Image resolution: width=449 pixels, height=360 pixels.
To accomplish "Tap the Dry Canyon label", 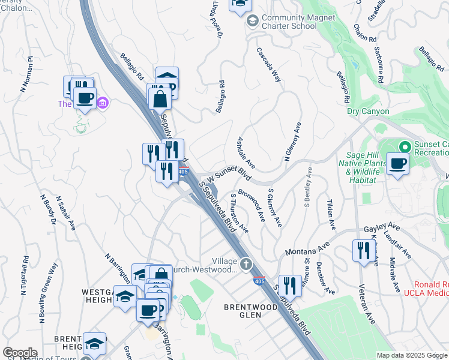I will (x=368, y=111).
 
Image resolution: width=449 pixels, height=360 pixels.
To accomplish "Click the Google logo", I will (x=20, y=353).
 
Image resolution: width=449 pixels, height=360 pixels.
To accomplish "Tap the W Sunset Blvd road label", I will (x=228, y=175).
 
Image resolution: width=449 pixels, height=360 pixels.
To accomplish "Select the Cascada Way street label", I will (x=269, y=64).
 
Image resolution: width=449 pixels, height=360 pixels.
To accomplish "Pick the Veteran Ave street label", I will (x=367, y=304).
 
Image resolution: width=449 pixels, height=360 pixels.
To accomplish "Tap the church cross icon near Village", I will (x=246, y=263).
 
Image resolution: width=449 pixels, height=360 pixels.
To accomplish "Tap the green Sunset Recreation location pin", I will (x=405, y=146).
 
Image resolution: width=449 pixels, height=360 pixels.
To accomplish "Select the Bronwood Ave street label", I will (x=252, y=205).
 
